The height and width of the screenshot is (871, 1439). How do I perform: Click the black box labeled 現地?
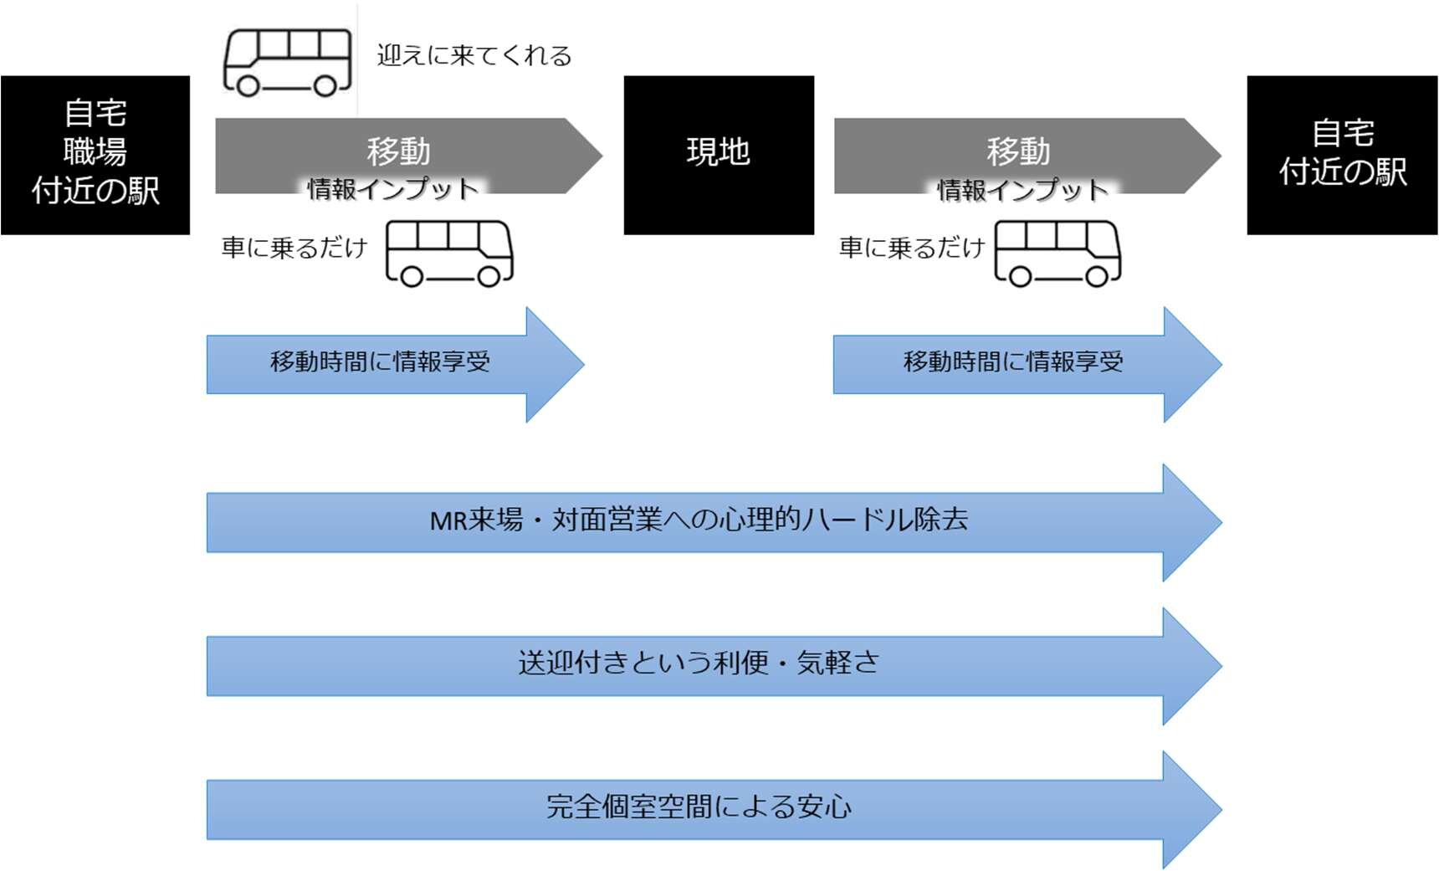tap(719, 155)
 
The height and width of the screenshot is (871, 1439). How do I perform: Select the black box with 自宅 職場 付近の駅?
tap(95, 155)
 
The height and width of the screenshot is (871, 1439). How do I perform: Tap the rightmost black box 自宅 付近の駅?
tap(1342, 155)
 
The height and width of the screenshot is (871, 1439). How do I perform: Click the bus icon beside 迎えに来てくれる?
tap(288, 62)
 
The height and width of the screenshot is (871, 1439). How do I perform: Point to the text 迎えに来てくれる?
tap(474, 56)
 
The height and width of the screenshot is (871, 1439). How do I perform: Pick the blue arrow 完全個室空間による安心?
tap(699, 807)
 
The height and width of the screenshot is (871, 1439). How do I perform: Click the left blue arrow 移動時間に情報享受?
tap(381, 363)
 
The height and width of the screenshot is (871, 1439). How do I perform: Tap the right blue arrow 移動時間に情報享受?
tap(1013, 363)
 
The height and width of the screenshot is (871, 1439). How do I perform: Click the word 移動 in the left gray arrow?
tap(398, 151)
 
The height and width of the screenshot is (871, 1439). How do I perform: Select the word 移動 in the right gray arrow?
tap(1018, 151)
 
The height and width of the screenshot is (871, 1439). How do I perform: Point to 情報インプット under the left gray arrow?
tap(393, 189)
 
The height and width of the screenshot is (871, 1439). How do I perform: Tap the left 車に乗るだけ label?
tap(294, 248)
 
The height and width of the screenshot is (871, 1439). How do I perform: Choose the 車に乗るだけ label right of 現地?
tap(912, 248)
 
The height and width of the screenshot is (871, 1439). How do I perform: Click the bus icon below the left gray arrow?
tap(449, 253)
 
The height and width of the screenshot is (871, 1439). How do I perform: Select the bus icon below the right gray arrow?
tap(1057, 253)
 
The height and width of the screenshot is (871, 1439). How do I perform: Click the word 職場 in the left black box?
tap(95, 151)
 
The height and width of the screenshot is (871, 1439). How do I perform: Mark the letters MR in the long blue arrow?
tap(448, 521)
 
